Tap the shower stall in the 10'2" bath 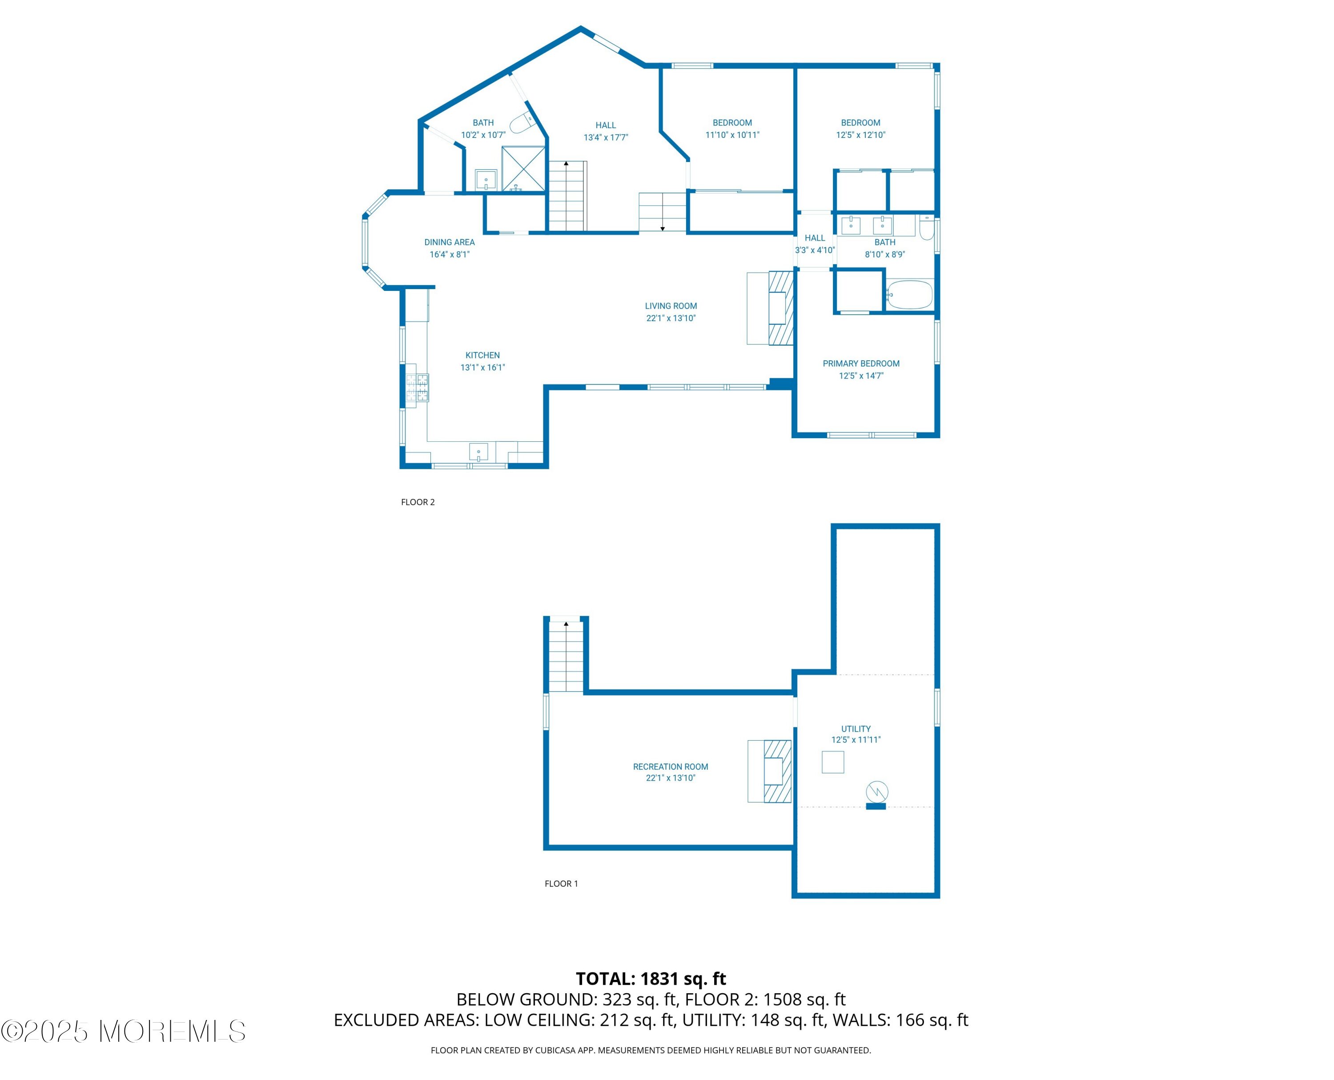[524, 169]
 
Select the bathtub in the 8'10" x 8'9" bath [909, 294]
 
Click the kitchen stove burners [417, 387]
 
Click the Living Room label [671, 306]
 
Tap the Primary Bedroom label [861, 363]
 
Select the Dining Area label [449, 242]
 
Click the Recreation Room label [671, 766]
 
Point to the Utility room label [856, 729]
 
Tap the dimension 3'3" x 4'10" [815, 250]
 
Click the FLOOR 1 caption [561, 883]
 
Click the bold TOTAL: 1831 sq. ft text [651, 979]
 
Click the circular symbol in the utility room [877, 792]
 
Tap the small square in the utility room [833, 762]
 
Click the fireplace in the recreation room [769, 771]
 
